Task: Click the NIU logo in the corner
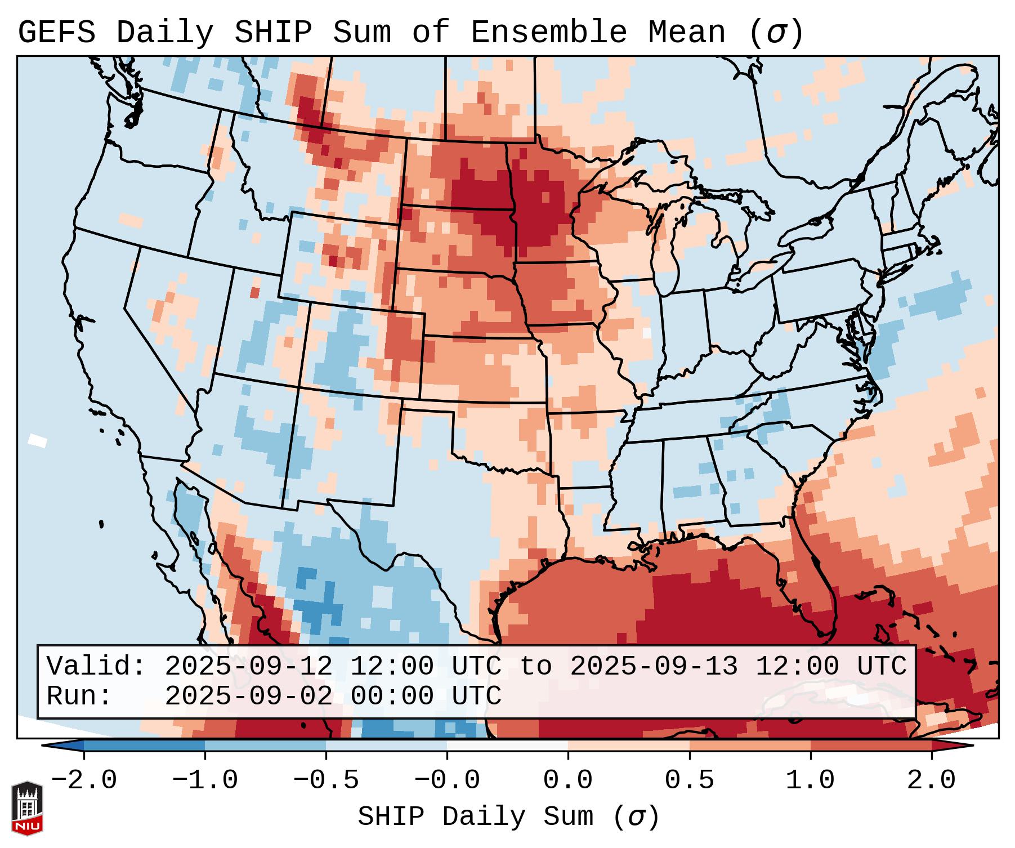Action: pos(27,808)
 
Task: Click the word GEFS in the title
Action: pos(56,32)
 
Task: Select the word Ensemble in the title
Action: pos(548,32)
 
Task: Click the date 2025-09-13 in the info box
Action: pos(654,666)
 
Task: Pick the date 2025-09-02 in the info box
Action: pos(248,696)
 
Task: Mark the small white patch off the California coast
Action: pos(38,440)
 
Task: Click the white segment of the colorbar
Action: pos(507,746)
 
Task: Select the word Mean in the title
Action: pos(687,32)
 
